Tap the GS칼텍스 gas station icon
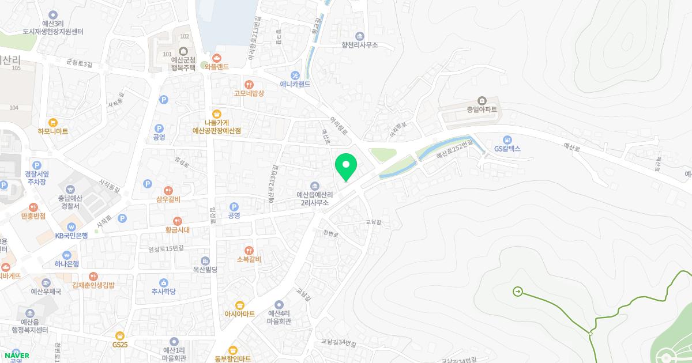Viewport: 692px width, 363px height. pos(507,139)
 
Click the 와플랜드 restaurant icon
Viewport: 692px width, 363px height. pos(217,58)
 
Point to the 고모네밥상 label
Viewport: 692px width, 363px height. pos(249,93)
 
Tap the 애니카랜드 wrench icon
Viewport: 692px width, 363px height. pos(295,75)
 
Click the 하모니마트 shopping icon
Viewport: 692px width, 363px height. pos(53,122)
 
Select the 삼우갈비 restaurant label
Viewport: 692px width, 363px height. pos(168,199)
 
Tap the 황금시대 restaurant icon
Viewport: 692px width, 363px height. pos(178,221)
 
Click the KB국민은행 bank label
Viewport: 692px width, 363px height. pos(72,235)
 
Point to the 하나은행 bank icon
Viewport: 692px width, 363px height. pos(67,255)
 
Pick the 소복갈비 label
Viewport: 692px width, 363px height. pos(249,259)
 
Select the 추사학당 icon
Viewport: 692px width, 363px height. pos(163,282)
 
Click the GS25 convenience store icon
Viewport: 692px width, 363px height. pos(120,335)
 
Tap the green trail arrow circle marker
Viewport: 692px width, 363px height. pos(517,292)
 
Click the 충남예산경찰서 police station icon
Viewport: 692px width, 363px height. pos(70,189)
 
